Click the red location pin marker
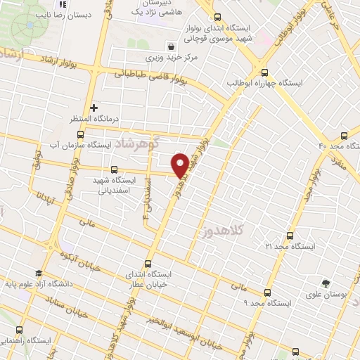[180, 165]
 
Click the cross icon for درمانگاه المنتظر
[94, 108]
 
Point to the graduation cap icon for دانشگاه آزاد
[38, 274]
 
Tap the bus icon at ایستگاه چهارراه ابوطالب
[264, 72]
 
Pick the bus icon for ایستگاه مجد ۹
[267, 292]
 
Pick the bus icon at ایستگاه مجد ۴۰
[344, 135]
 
